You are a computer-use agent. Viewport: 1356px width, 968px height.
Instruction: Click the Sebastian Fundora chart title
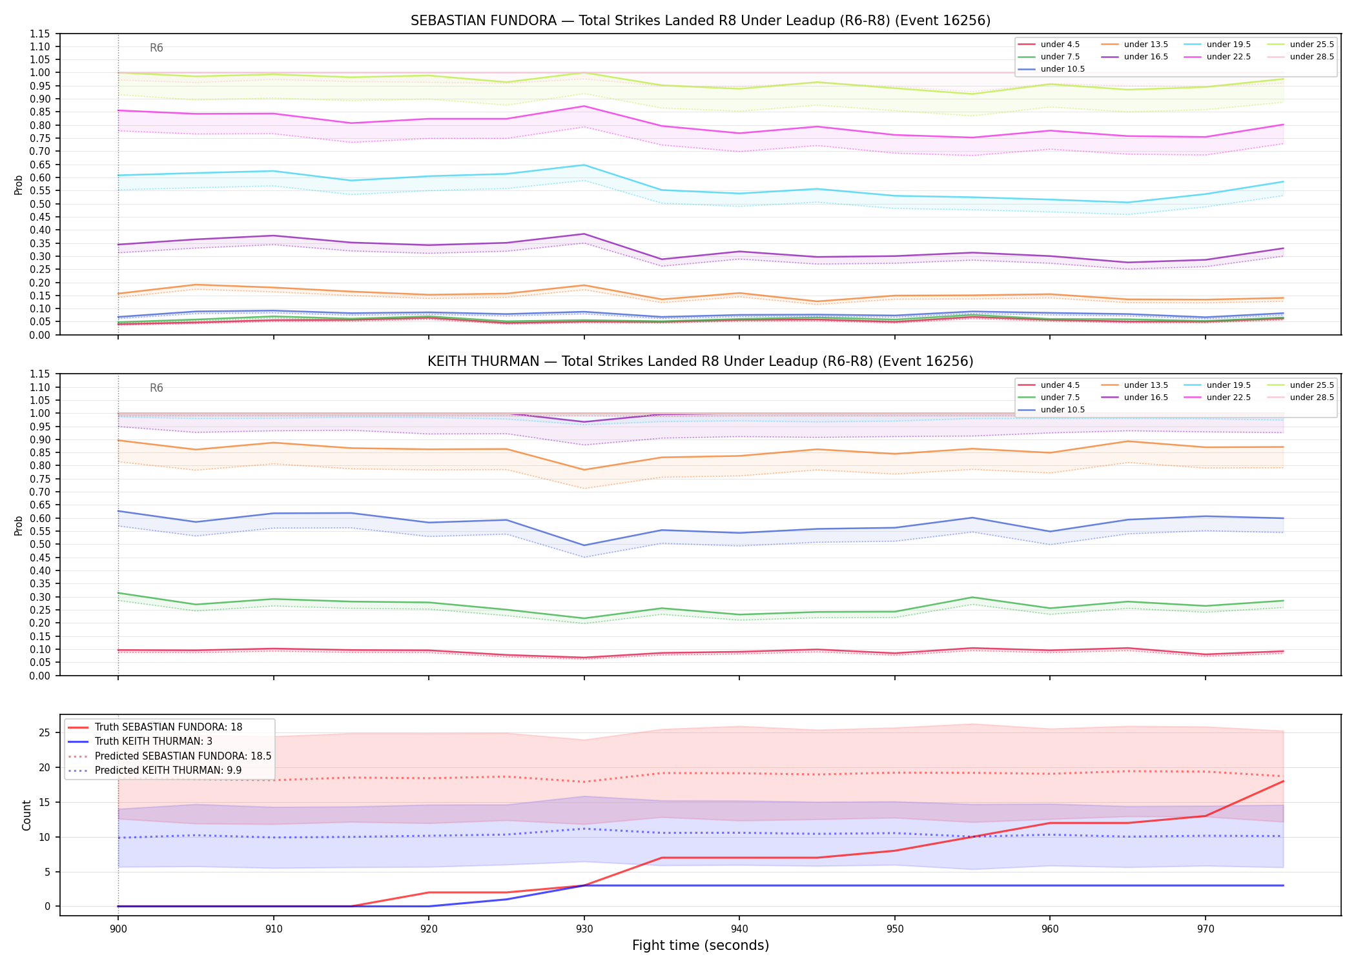[701, 21]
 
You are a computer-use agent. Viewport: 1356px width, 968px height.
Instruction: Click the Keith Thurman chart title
[701, 361]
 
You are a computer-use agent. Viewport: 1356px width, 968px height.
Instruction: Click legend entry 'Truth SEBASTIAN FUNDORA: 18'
[169, 727]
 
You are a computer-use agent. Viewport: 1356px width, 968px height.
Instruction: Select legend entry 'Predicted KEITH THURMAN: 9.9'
[169, 771]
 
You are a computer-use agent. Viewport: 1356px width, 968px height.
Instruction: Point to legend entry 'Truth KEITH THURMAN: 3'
[154, 741]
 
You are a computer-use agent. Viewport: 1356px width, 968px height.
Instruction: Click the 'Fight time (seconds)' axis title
[701, 945]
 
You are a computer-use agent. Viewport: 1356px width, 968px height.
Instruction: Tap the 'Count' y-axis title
[26, 815]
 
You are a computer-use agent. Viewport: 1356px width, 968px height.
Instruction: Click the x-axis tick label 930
[584, 929]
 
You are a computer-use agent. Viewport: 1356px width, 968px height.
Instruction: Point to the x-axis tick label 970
[1206, 929]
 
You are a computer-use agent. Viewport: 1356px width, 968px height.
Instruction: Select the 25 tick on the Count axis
[45, 733]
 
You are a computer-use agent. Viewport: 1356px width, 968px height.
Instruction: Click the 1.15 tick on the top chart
[40, 34]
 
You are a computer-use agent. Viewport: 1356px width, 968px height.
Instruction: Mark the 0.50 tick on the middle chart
[40, 545]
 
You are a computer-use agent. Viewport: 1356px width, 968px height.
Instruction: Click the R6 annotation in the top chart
[156, 48]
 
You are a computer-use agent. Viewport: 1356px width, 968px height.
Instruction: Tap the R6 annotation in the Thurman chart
[156, 388]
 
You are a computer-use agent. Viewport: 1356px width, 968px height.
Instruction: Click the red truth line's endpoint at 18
[1283, 781]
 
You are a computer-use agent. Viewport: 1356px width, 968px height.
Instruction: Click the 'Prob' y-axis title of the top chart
[19, 185]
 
